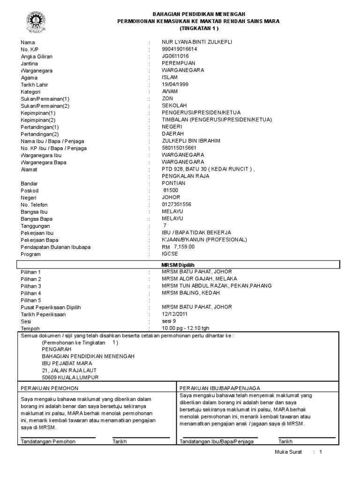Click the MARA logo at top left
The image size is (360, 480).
(x=33, y=22)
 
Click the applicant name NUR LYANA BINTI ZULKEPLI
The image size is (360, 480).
(x=196, y=42)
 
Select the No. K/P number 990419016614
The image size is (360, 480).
(x=180, y=49)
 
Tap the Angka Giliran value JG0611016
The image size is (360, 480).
(x=176, y=56)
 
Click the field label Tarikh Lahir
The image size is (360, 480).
(x=35, y=84)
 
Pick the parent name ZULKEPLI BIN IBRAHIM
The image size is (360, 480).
(x=191, y=141)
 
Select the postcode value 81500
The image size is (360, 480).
(x=171, y=190)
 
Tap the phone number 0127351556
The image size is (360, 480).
(x=177, y=204)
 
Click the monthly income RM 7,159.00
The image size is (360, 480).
(x=178, y=247)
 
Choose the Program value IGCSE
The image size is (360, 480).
(x=170, y=254)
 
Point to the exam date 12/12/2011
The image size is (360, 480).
(x=175, y=314)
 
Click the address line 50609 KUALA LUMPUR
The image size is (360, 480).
(x=70, y=377)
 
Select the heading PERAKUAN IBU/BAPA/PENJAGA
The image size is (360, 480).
(x=220, y=388)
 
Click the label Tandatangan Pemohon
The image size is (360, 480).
(x=48, y=442)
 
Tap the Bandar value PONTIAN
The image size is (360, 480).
(x=173, y=183)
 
